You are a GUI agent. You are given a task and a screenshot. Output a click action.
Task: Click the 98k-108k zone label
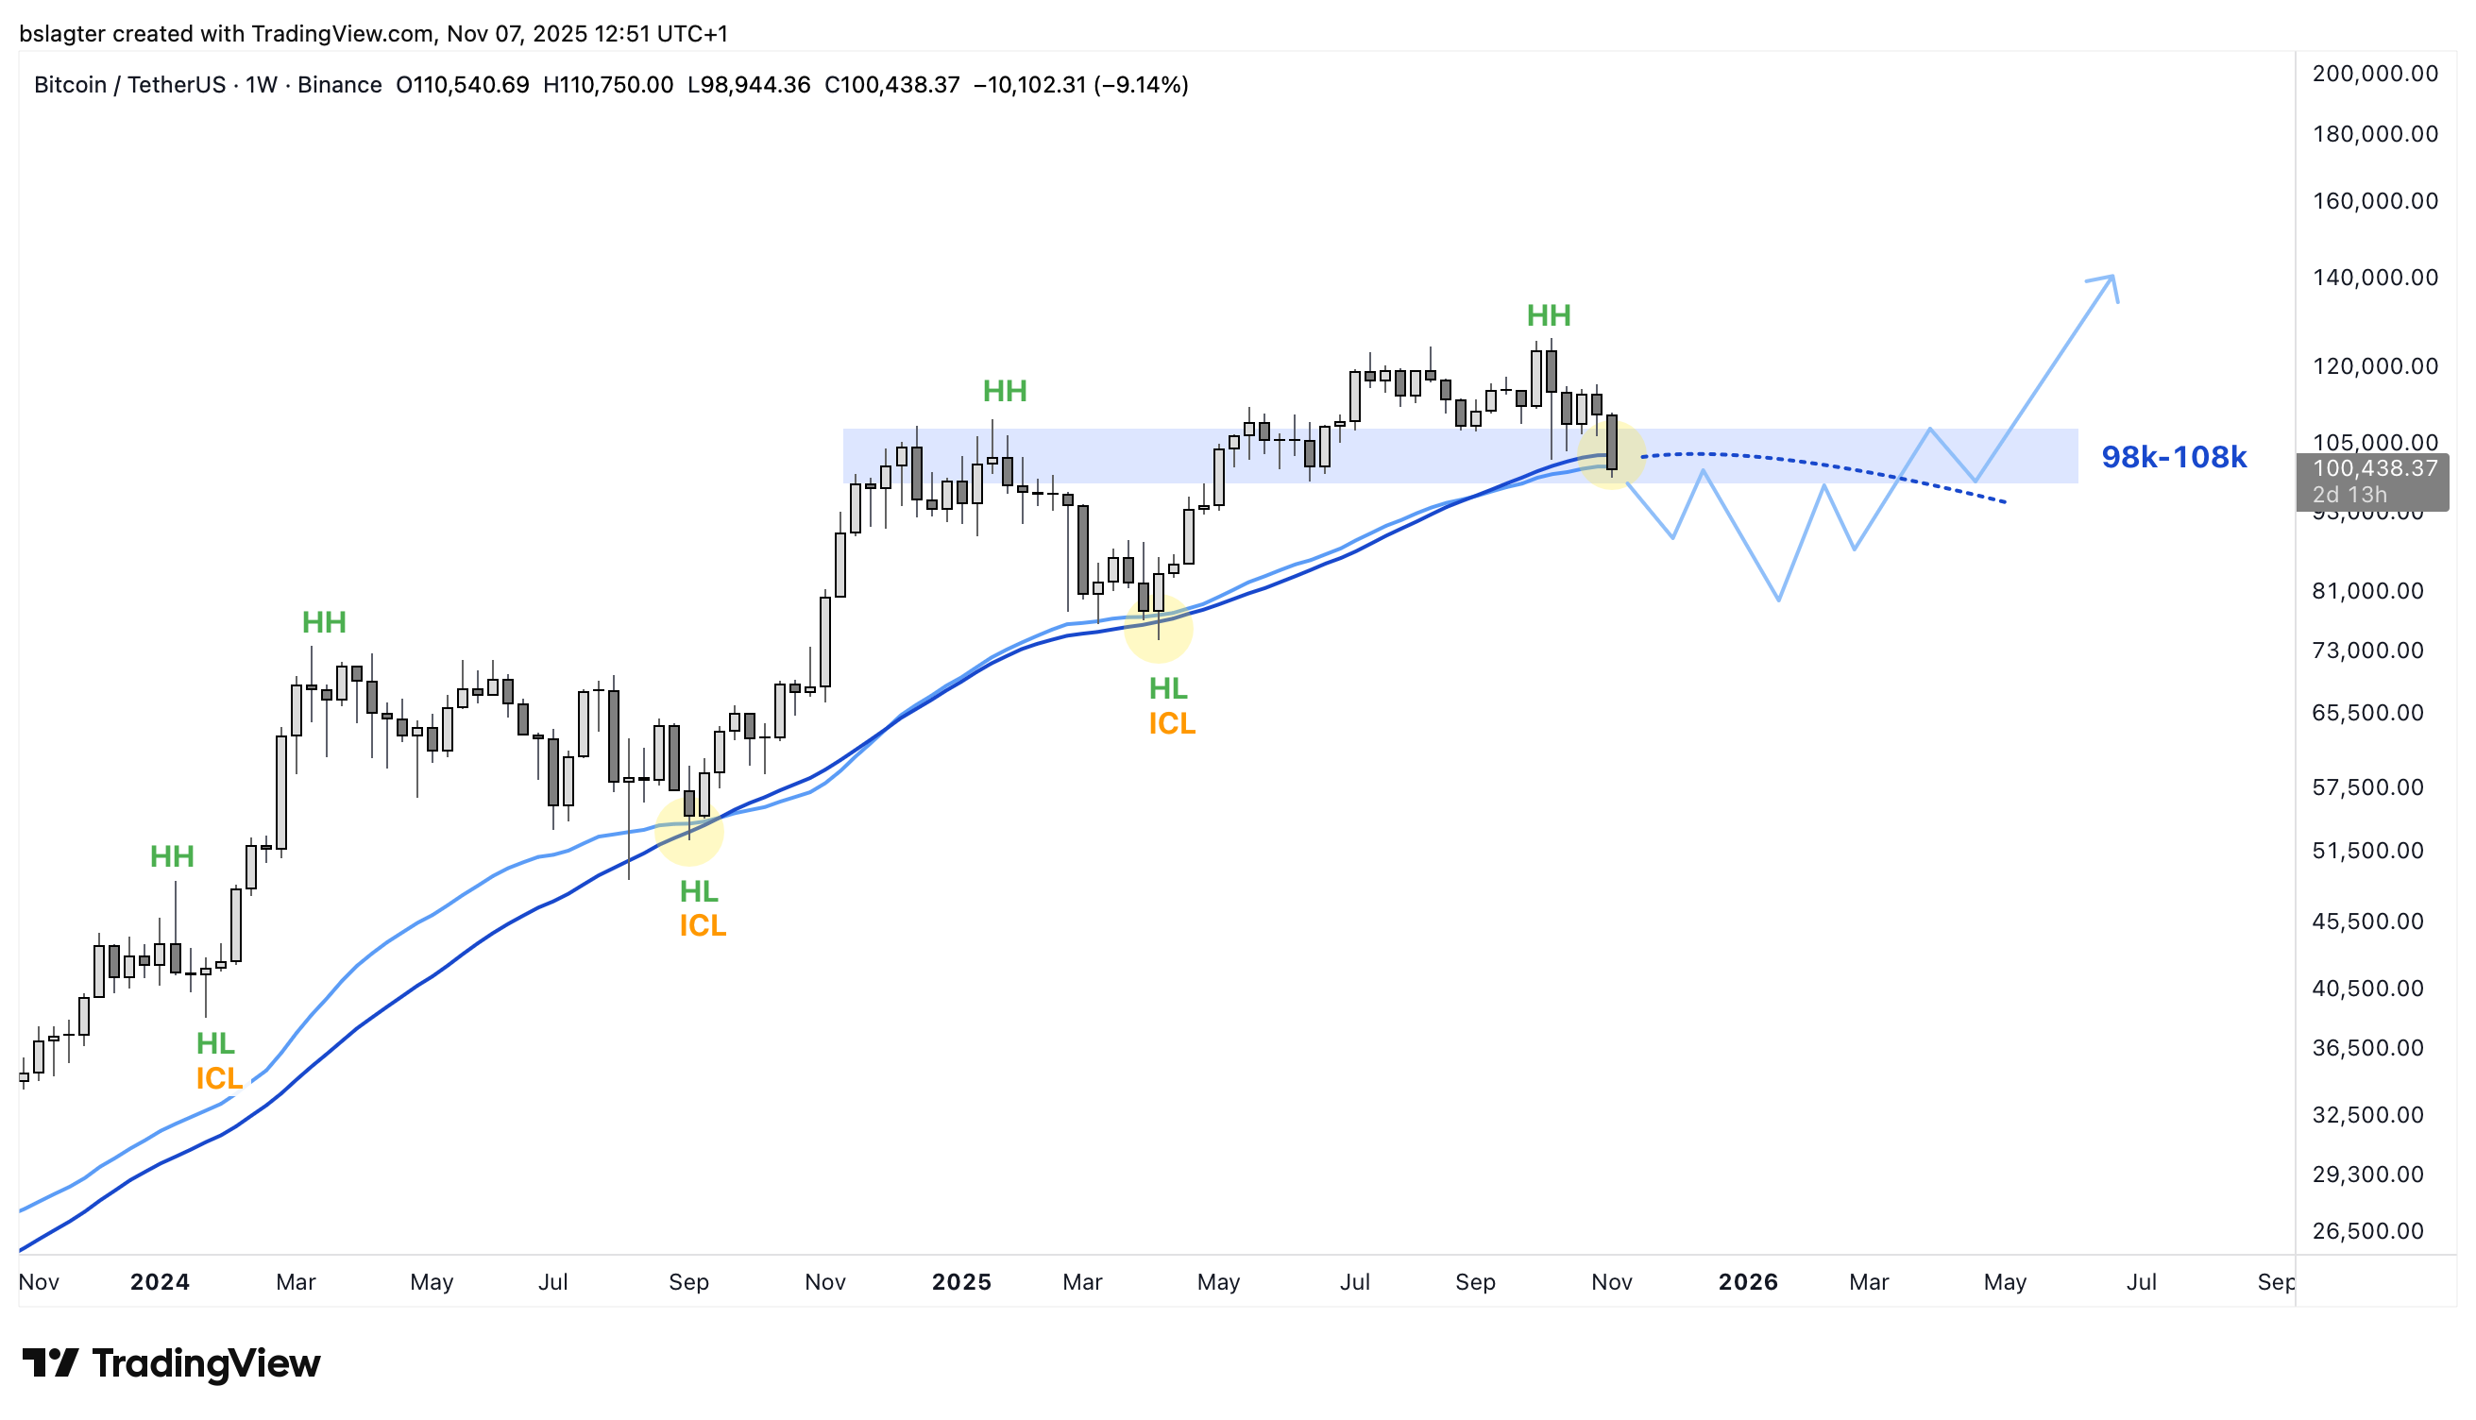(x=2173, y=457)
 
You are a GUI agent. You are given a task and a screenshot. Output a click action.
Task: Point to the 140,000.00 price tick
(x=2375, y=278)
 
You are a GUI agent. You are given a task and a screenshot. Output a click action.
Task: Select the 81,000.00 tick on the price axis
(x=2367, y=591)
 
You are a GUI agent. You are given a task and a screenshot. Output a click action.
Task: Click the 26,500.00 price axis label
(x=2367, y=1231)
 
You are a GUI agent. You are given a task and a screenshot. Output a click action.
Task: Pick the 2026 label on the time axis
(x=1748, y=1282)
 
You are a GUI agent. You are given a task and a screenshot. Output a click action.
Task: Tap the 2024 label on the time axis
(x=160, y=1282)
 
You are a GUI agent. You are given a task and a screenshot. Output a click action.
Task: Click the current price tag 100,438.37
(x=2375, y=469)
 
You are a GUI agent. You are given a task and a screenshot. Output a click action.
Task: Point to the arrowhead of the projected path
(x=2110, y=279)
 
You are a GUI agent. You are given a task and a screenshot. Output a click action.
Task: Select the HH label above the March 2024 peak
(x=324, y=623)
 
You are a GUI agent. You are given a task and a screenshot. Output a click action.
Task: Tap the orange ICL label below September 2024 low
(x=703, y=926)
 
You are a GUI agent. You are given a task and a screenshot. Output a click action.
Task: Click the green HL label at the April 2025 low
(x=1167, y=689)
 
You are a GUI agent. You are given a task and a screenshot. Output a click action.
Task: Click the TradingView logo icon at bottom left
(x=50, y=1362)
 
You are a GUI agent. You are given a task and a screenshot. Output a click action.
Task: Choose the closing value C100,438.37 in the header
(x=891, y=86)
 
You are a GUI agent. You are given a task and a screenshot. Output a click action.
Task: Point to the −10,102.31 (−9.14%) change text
(x=1080, y=86)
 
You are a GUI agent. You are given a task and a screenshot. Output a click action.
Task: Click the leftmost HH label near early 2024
(x=172, y=857)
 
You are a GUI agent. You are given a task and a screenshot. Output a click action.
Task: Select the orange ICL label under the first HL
(x=218, y=1079)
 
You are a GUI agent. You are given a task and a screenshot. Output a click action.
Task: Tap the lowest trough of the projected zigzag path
(x=1779, y=599)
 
